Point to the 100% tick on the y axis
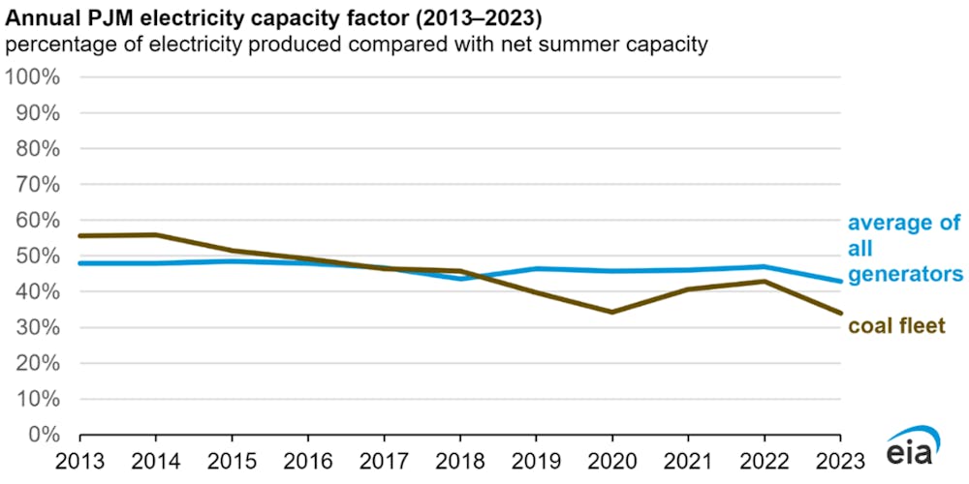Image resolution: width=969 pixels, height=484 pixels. [x=33, y=77]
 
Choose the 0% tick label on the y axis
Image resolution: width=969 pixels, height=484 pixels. [x=45, y=435]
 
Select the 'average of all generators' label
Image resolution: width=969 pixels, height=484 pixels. [x=904, y=249]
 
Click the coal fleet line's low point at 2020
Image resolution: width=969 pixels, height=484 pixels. [x=611, y=312]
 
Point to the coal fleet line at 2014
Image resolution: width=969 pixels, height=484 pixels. [x=156, y=234]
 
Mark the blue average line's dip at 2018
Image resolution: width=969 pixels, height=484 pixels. [x=459, y=279]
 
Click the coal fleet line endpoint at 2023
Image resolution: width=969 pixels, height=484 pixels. [x=839, y=313]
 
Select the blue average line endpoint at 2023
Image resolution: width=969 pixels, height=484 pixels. [x=839, y=282]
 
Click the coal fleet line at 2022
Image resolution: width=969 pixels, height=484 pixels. [x=764, y=282]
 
